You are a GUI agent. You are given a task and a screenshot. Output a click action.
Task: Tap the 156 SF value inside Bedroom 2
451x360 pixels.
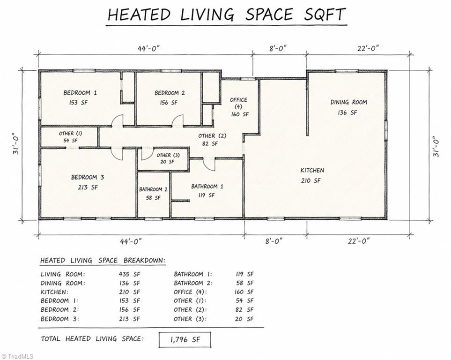[169, 103]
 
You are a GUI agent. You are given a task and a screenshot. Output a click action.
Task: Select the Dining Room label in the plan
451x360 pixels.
[348, 102]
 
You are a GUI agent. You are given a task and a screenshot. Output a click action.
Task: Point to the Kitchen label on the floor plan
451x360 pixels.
[312, 170]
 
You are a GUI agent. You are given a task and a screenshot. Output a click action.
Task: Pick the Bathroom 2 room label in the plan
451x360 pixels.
[153, 189]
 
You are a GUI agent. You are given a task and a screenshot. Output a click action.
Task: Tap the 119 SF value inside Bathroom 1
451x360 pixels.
[206, 195]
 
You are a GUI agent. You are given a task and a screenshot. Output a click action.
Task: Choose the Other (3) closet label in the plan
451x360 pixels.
[168, 155]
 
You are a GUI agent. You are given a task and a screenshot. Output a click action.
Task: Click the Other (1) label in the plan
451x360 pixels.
[70, 133]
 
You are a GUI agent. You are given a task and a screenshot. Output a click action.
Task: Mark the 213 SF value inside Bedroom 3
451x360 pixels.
[88, 187]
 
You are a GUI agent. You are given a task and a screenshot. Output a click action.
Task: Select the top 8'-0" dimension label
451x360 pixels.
[278, 48]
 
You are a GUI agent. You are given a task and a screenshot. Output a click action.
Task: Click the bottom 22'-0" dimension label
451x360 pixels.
[358, 240]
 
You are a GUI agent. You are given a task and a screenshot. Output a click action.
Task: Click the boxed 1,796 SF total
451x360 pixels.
[185, 339]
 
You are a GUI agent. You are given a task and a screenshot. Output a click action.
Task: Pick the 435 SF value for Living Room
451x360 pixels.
[129, 274]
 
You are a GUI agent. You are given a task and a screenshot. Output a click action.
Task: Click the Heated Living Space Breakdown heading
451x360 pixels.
[103, 261]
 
